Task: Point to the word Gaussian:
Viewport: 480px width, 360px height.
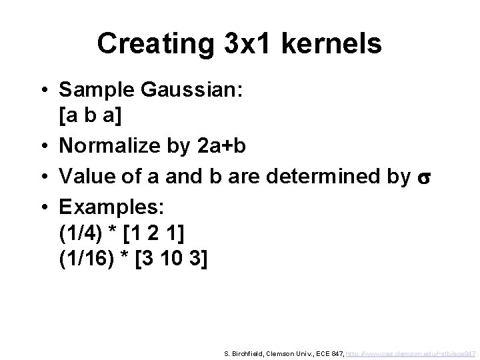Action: pos(191,89)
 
